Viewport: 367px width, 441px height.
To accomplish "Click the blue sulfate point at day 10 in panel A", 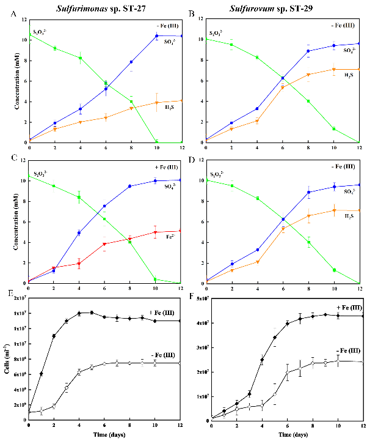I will tap(156, 35).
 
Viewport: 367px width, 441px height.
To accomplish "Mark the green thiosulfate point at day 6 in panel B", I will tap(282, 78).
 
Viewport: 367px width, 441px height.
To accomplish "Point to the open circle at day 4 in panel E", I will tap(79, 372).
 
